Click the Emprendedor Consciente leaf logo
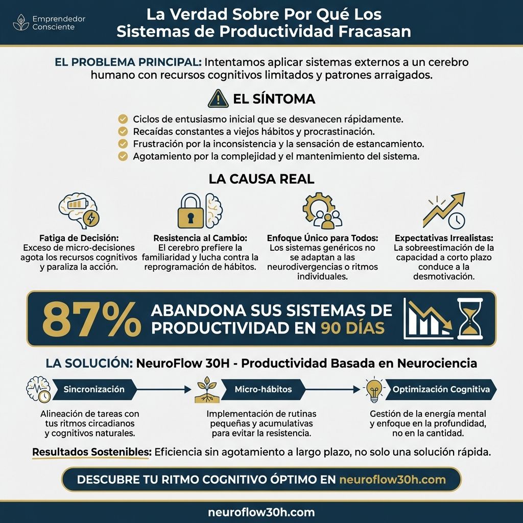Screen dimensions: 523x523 (21, 22)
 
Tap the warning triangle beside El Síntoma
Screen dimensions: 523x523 (218, 98)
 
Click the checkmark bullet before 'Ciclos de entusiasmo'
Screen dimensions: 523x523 (123, 119)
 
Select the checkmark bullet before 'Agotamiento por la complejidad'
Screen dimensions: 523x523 (123, 156)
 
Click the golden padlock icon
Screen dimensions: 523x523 (190, 210)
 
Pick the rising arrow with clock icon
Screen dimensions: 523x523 (444, 210)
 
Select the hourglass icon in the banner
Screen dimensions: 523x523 (469, 319)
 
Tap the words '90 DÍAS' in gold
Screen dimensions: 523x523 (352, 327)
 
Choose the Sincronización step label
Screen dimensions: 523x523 (94, 389)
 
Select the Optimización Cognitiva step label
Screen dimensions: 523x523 (441, 389)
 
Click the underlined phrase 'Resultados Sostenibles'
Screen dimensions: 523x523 (90, 452)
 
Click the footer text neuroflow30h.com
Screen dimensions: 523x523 (261, 512)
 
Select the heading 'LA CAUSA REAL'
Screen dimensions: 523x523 (261, 179)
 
